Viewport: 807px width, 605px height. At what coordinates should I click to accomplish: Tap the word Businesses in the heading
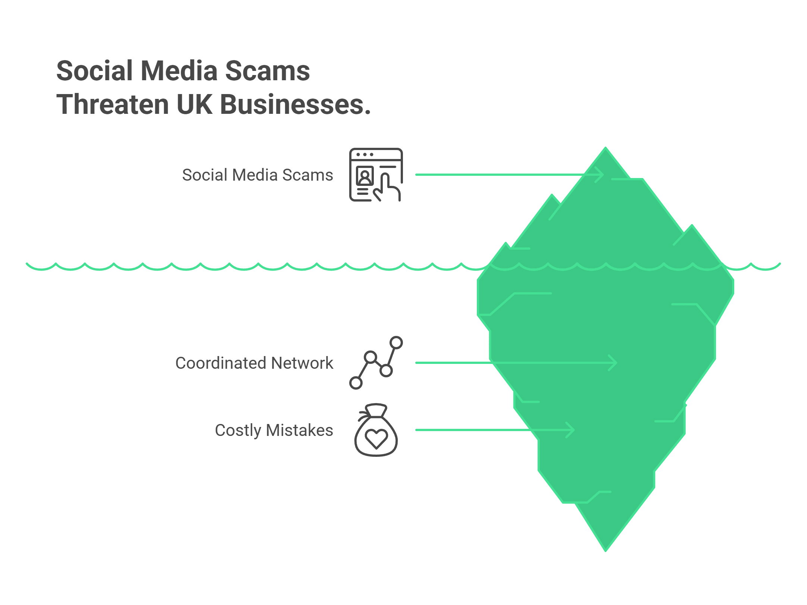coord(295,105)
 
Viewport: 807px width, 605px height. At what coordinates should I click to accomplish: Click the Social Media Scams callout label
coord(257,175)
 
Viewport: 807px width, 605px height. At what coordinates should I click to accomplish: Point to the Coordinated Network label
coord(254,363)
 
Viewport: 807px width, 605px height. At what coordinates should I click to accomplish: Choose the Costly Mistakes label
coord(274,430)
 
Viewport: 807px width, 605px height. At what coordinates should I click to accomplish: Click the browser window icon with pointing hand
coord(376,175)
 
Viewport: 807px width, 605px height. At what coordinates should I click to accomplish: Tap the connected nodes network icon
coord(376,363)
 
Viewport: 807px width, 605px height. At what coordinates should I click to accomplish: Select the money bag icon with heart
coord(376,430)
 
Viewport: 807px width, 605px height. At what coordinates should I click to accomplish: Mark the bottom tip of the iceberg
coord(605,549)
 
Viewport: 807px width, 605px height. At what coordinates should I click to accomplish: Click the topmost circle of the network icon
coord(396,343)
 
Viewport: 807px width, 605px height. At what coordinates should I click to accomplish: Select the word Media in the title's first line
coord(179,71)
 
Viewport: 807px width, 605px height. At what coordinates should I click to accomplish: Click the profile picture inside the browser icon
coord(365,175)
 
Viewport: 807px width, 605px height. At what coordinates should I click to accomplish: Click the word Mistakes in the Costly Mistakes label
coord(299,430)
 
